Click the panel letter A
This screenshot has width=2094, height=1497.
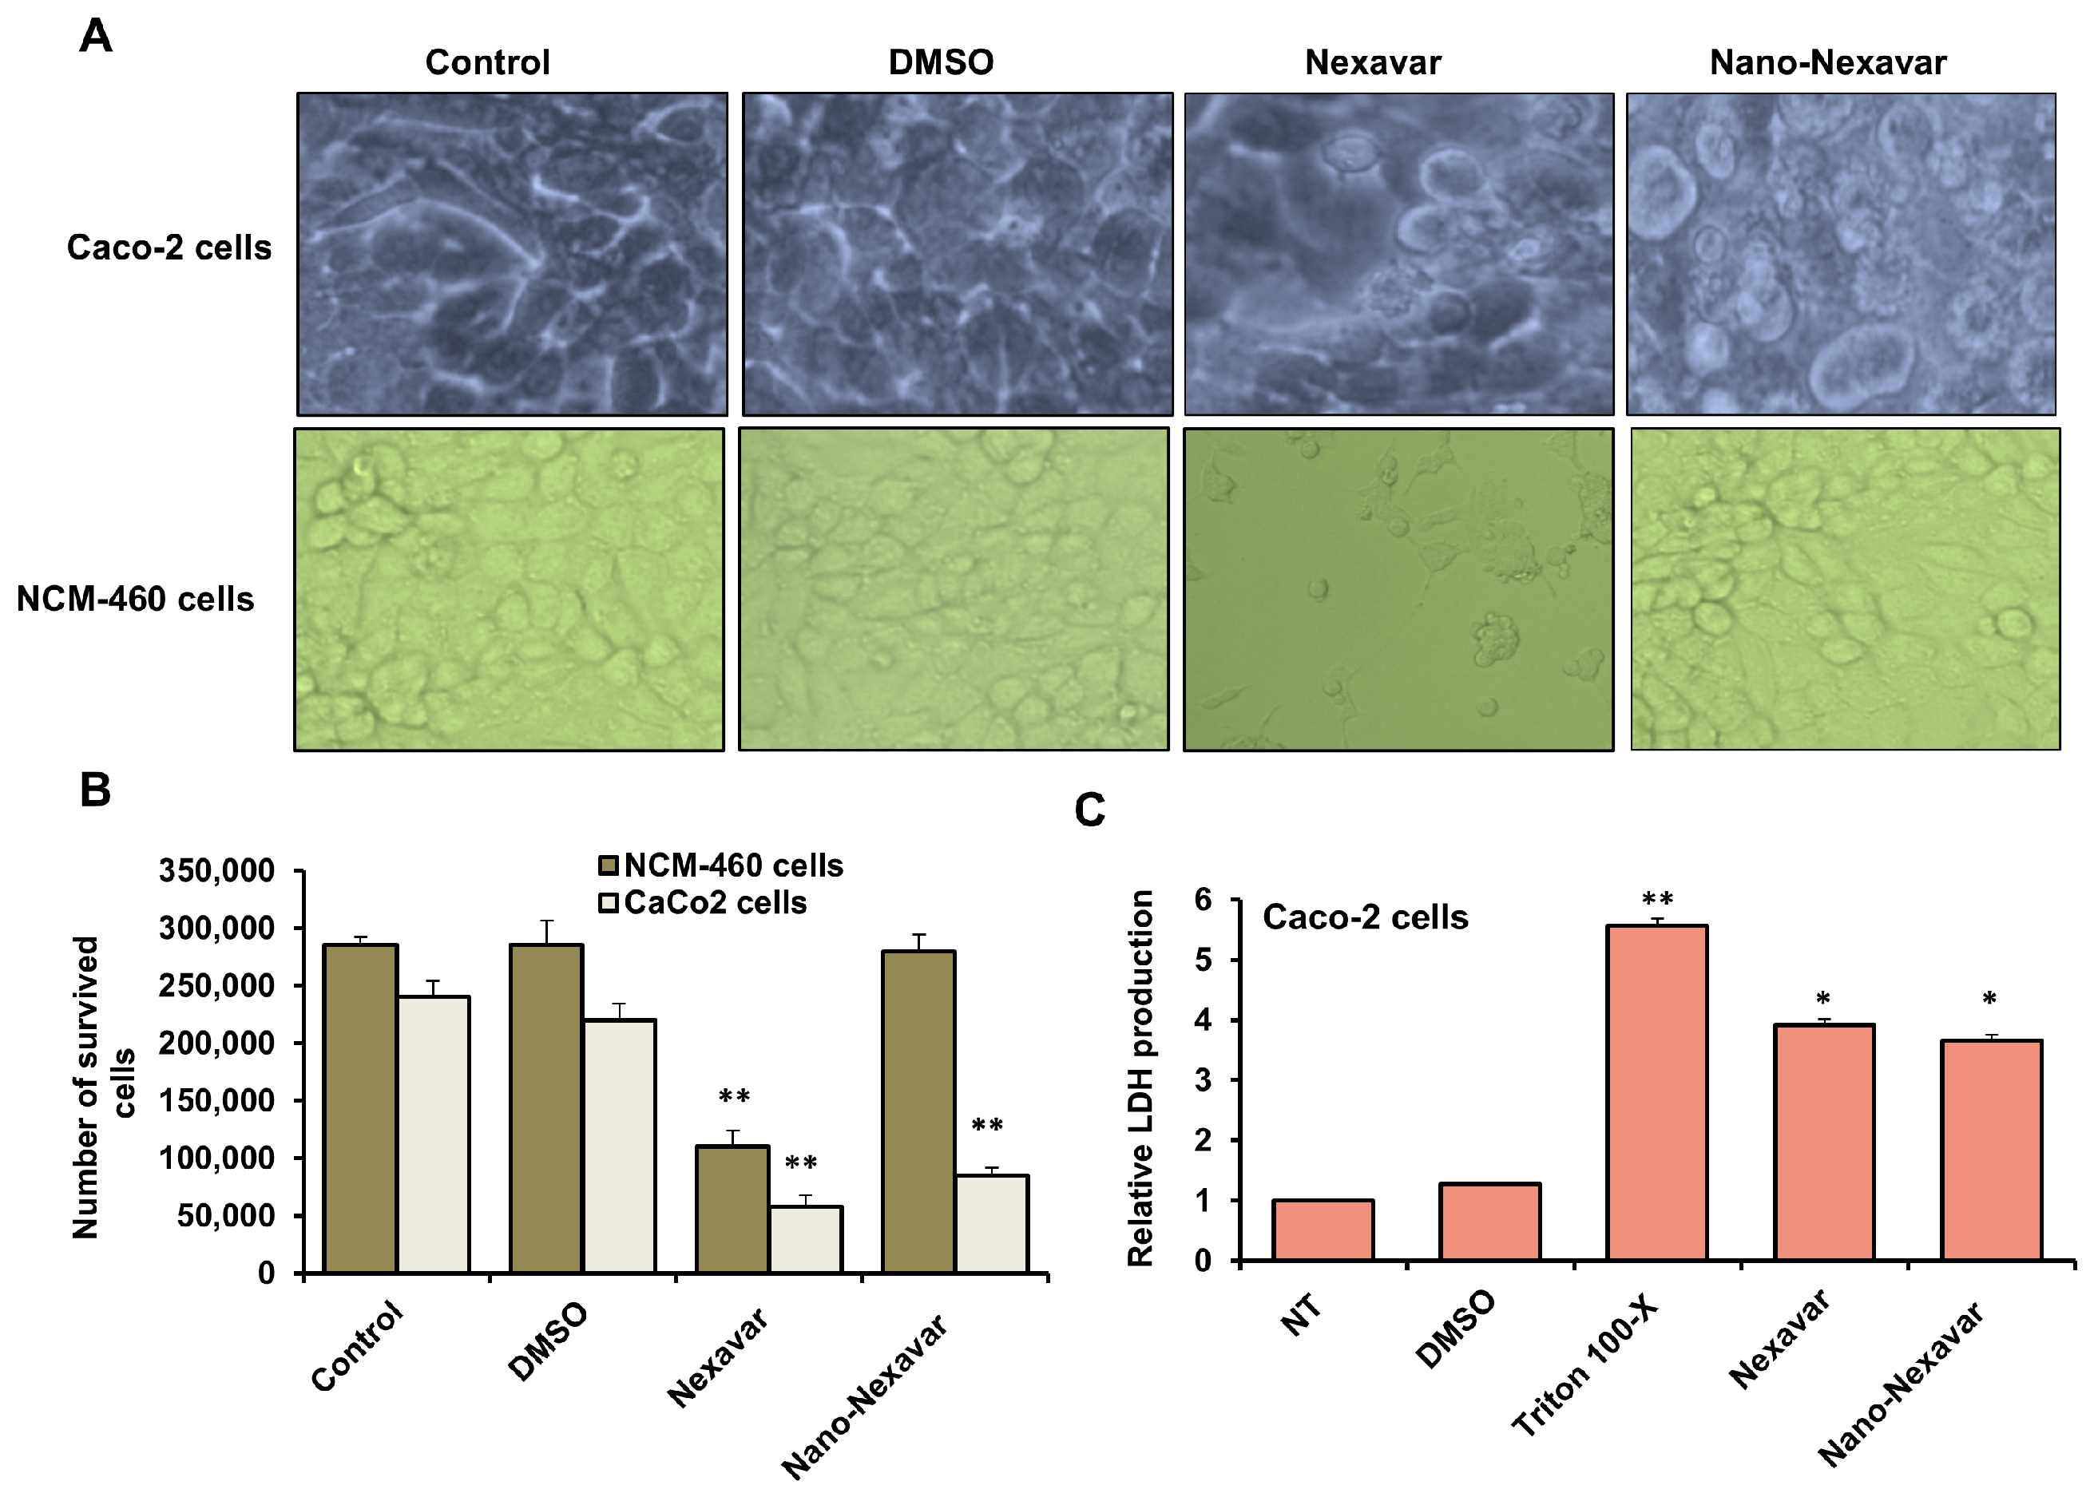96,37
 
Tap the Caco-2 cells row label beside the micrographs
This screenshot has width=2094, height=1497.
169,248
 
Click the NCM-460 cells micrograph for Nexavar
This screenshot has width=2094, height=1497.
1397,589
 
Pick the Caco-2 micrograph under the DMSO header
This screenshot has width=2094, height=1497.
956,254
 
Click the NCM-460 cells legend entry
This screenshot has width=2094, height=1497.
721,865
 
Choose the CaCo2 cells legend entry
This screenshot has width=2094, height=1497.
703,902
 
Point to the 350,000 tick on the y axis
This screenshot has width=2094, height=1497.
216,870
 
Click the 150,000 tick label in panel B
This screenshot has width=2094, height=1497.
216,1101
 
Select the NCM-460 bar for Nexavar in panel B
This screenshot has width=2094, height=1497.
732,1209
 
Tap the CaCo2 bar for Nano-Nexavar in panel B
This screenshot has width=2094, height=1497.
991,1223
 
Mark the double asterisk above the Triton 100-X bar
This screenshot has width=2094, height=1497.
1657,899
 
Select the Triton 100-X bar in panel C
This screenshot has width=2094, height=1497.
1656,1092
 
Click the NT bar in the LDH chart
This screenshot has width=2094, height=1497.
1323,1230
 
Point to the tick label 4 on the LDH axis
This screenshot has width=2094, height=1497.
1204,1020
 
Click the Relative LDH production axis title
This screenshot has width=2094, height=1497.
1140,1079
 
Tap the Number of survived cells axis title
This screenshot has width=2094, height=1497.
102,1087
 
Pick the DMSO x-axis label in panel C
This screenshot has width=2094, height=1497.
1454,1330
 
